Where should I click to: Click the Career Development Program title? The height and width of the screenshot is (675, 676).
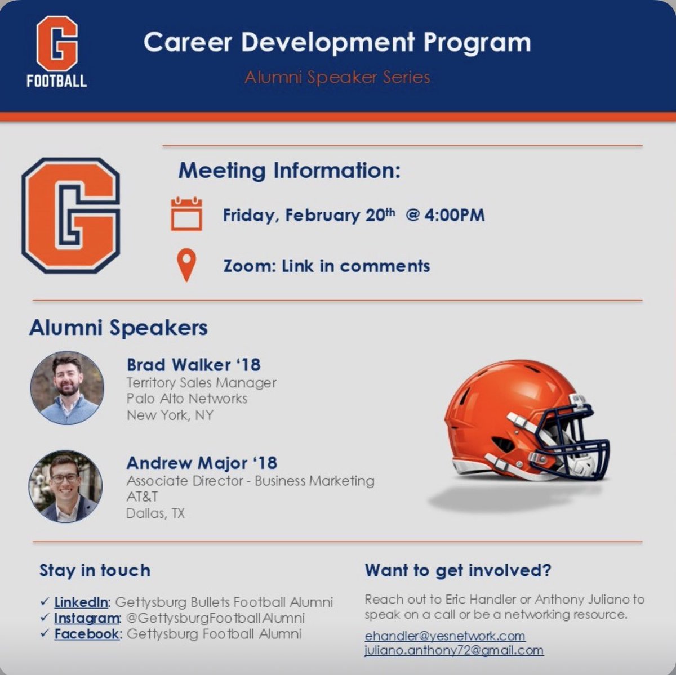[x=337, y=43]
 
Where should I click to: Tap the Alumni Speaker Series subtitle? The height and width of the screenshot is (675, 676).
[x=337, y=77]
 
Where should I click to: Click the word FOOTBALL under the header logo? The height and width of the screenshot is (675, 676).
[x=56, y=81]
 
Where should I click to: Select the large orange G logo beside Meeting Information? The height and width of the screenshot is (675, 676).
[x=70, y=215]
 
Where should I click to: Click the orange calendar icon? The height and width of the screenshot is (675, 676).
[x=186, y=214]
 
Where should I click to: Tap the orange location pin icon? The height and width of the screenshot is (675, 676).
[x=186, y=265]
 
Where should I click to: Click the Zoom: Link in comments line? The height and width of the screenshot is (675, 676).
[x=326, y=266]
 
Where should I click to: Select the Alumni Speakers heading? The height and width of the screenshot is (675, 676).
[x=118, y=328]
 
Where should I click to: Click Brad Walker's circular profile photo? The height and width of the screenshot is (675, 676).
[x=67, y=387]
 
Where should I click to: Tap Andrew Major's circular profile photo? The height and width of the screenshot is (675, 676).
[x=66, y=486]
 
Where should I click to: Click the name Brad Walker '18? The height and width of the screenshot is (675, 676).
[x=193, y=365]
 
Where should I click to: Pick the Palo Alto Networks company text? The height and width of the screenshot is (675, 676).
[x=186, y=399]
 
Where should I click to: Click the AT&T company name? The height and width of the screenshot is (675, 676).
[x=142, y=497]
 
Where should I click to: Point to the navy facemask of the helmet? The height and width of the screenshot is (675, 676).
[x=569, y=439]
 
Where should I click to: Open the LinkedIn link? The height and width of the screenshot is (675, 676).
[x=81, y=602]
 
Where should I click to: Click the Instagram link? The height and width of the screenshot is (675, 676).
[x=87, y=618]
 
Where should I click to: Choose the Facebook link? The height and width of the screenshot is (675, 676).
[x=87, y=634]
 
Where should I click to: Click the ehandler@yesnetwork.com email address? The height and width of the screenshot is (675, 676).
[x=444, y=636]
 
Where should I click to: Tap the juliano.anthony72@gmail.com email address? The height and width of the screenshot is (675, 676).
[x=453, y=650]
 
